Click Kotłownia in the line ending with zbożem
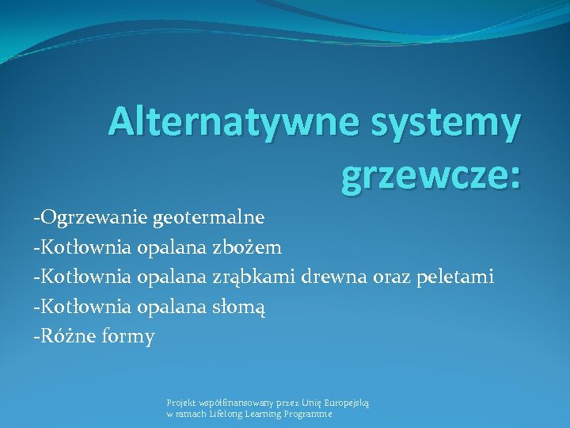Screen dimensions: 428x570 coord(84,247)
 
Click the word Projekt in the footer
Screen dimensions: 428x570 coord(179,403)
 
